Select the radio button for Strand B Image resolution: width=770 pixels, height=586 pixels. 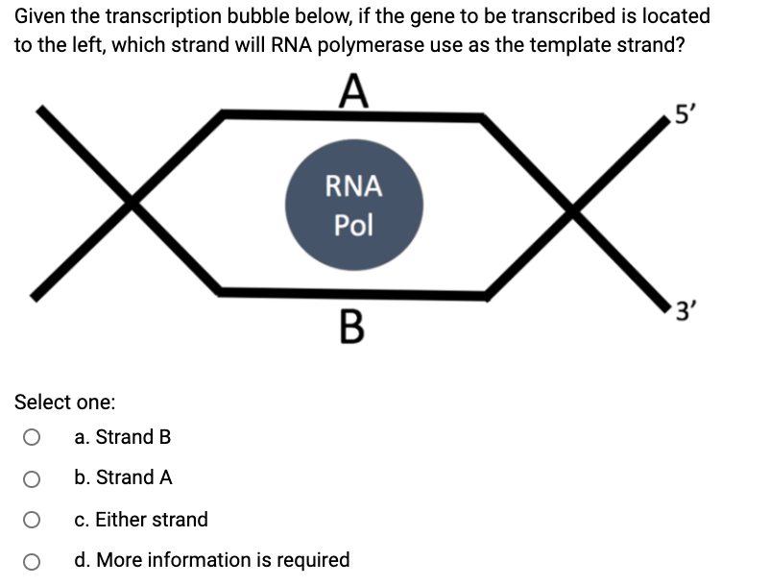(x=32, y=438)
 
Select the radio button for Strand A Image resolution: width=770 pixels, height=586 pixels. (x=32, y=478)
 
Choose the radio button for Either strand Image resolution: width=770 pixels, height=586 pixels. (x=32, y=520)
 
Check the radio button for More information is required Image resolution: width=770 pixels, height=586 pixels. (x=32, y=560)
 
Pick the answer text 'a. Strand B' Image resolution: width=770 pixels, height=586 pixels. (x=123, y=437)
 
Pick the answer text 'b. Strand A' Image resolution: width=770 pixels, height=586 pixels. (x=123, y=477)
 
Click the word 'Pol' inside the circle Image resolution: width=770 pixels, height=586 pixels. (x=353, y=226)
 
